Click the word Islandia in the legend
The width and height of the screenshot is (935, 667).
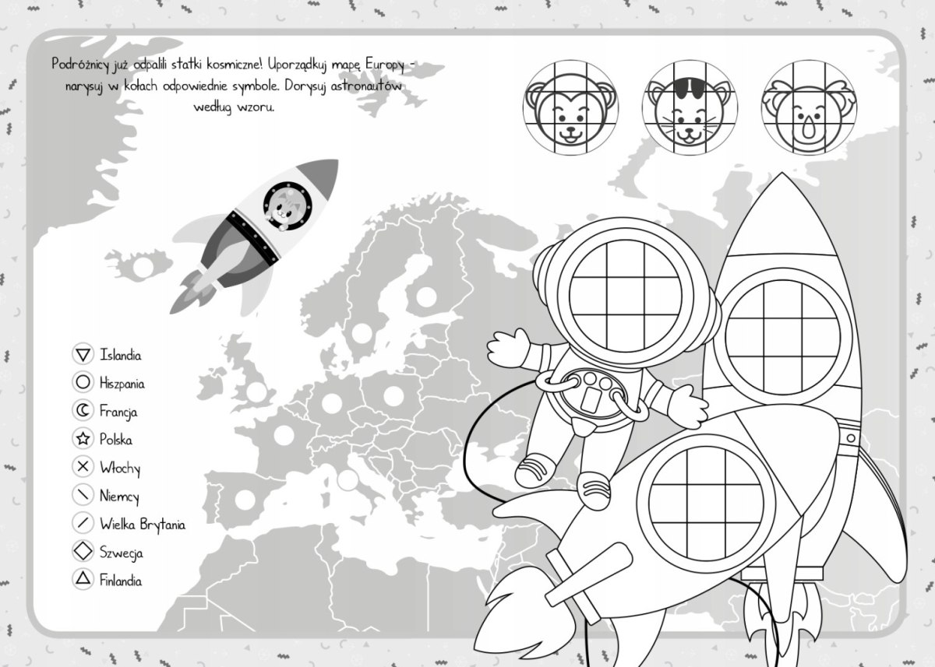click(120, 355)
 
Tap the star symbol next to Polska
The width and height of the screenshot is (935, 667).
click(83, 438)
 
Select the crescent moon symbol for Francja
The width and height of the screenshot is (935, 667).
click(83, 411)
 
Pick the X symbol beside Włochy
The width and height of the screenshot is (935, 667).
click(83, 466)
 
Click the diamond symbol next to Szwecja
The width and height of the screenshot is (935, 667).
click(83, 551)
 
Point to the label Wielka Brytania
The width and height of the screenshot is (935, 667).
click(143, 525)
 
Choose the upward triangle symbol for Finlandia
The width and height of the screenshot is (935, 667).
click(83, 578)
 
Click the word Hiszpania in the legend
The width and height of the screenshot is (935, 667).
click(122, 383)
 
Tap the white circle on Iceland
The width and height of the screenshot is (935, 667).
click(143, 267)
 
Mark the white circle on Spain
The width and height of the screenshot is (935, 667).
click(245, 499)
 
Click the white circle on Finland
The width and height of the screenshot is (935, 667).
click(426, 297)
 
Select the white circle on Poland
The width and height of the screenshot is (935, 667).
click(393, 395)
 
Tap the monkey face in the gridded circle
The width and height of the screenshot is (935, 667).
click(570, 112)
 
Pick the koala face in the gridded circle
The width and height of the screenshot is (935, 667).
click(809, 112)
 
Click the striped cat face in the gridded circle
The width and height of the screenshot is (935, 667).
click(690, 112)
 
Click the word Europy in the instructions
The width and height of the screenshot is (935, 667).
click(385, 65)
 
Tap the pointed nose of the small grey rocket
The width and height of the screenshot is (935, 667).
click(337, 160)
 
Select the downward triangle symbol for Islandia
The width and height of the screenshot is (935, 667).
click(83, 355)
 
